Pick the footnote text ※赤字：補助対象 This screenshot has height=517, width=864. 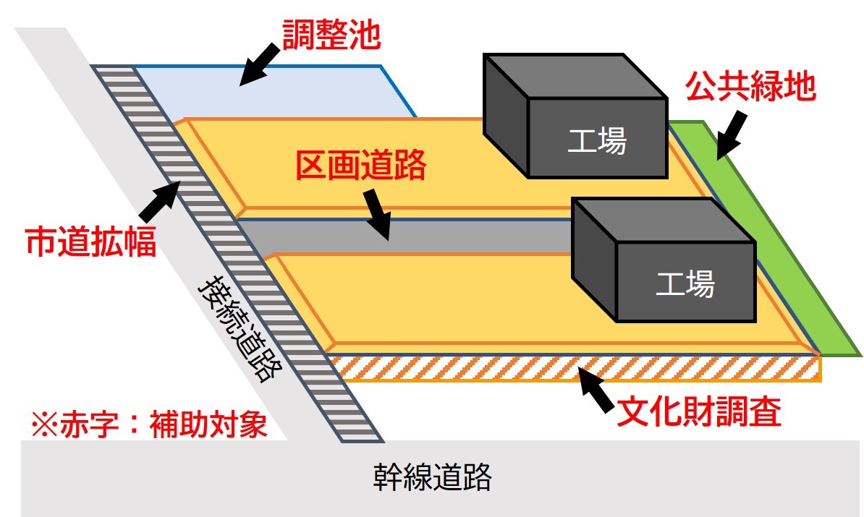point(149,424)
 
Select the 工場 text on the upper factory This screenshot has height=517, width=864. point(596,141)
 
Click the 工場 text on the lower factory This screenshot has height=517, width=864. point(685,284)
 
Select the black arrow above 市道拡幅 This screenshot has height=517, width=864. point(159,201)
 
